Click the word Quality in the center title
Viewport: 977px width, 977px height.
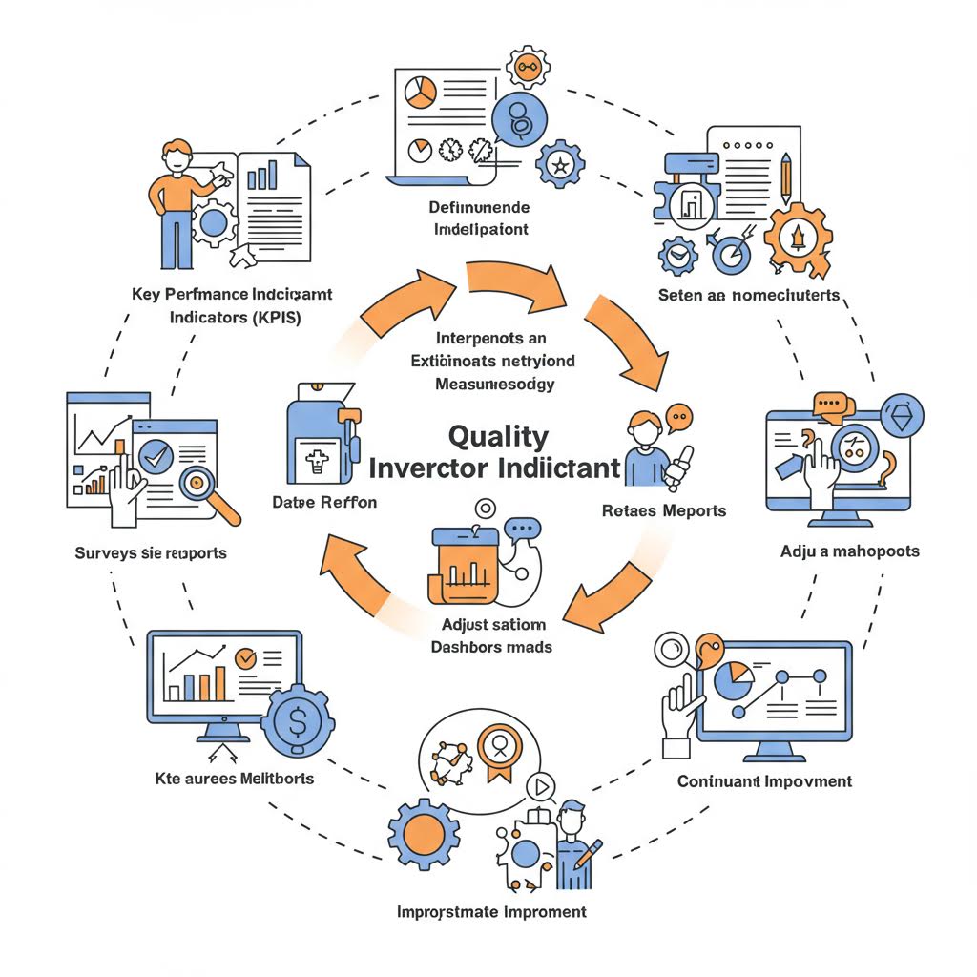(498, 436)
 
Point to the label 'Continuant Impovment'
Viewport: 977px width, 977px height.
(764, 781)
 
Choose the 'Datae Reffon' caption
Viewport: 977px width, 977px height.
(324, 502)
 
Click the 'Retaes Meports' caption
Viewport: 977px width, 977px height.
(664, 510)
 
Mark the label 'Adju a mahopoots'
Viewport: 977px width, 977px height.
(849, 551)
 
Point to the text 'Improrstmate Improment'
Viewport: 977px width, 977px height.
(491, 912)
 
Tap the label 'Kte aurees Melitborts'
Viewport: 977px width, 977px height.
(234, 780)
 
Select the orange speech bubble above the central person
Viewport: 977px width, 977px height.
(679, 416)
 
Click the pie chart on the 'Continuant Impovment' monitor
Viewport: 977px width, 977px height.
(734, 680)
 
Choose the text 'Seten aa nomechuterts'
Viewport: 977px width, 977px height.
(749, 296)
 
